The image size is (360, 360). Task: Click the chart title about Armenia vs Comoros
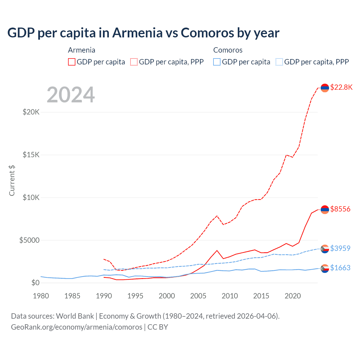tap(143, 33)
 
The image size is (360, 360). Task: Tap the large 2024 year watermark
tap(71, 95)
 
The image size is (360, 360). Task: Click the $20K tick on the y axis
tap(31, 112)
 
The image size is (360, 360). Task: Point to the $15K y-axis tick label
tap(31, 155)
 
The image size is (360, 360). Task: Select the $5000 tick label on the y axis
tap(29, 240)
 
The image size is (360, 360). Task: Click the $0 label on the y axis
tap(35, 283)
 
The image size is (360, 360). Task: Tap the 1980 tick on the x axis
tap(41, 296)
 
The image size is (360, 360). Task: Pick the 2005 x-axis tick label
tap(198, 296)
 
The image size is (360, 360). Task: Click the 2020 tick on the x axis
tap(293, 296)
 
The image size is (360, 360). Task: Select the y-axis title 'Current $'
tap(12, 181)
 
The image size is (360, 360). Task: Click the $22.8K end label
tap(341, 87)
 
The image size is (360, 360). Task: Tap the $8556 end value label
tap(340, 209)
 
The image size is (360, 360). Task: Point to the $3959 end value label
tap(340, 248)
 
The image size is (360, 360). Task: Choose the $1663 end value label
tap(340, 268)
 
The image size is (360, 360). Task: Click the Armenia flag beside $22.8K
tap(325, 88)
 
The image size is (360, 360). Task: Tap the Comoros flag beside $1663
tap(325, 269)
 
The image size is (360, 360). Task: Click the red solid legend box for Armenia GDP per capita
tap(72, 62)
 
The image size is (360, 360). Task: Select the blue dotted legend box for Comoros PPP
tap(279, 62)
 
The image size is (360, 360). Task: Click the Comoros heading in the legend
tap(228, 50)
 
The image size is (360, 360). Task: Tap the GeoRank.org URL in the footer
tap(76, 327)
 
